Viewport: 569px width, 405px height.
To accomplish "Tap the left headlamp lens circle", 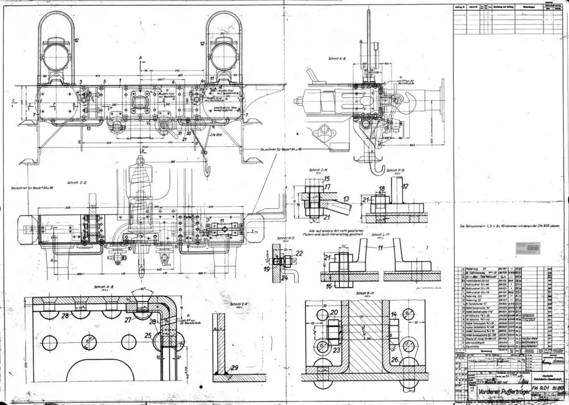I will click(58, 56).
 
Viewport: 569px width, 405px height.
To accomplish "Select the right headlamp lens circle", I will click(224, 56).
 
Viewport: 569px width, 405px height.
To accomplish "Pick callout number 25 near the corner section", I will click(149, 336).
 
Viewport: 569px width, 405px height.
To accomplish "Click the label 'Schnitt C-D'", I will click(76, 183).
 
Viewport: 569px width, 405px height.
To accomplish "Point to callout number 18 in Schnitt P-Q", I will click(382, 188).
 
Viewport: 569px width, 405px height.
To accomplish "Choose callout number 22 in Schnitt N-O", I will click(300, 253).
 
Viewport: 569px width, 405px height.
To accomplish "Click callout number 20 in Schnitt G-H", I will click(333, 312).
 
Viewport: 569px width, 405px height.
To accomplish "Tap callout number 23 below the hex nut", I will click(336, 350).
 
